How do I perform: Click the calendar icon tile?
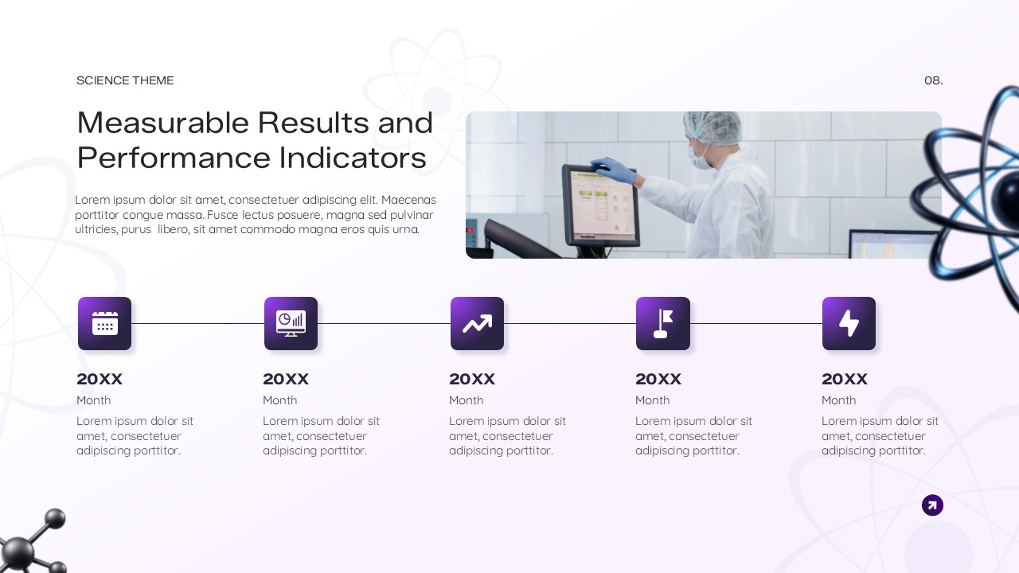104,323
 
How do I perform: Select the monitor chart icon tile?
291,323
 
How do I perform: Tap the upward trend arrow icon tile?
477,323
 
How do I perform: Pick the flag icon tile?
663,323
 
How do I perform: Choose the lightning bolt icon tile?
849,323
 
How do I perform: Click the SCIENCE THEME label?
125,80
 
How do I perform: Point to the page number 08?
933,80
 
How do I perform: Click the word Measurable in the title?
163,123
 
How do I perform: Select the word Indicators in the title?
353,158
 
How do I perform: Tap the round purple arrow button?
932,505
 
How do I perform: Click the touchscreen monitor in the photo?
600,205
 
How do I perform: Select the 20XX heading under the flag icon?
658,379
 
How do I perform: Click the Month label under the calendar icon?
94,400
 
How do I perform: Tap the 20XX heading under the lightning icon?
845,379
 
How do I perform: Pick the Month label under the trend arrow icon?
467,400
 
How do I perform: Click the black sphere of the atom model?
1005,191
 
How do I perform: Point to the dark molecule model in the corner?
28,545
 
